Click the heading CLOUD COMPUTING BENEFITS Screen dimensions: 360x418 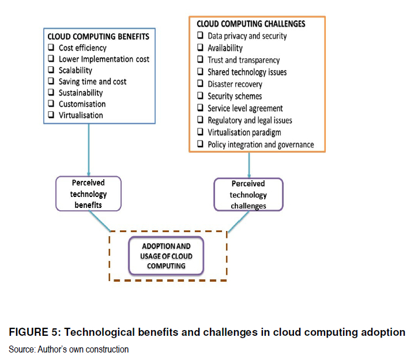pyautogui.click(x=99, y=36)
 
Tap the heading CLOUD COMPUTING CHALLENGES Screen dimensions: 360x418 pyautogui.click(x=251, y=24)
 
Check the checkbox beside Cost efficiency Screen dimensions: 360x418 pyautogui.click(x=51, y=48)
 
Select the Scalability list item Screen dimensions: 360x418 pyautogui.click(x=75, y=70)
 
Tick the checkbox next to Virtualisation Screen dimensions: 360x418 pyautogui.click(x=51, y=115)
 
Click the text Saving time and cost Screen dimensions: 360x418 pyautogui.click(x=92, y=82)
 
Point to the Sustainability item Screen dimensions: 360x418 pyautogui.click(x=81, y=93)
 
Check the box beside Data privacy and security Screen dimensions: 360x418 pyautogui.click(x=200, y=36)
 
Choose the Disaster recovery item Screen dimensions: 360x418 pyautogui.click(x=235, y=84)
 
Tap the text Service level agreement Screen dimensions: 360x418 pyautogui.click(x=245, y=108)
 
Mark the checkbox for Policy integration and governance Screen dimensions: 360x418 pyautogui.click(x=200, y=145)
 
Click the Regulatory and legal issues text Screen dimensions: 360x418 pyautogui.click(x=250, y=120)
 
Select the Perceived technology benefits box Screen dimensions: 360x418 pyautogui.click(x=89, y=194)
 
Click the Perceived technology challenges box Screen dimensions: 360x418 pyautogui.click(x=248, y=195)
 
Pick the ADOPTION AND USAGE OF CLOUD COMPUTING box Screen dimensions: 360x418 pyautogui.click(x=166, y=255)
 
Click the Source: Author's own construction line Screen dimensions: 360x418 pyautogui.click(x=69, y=349)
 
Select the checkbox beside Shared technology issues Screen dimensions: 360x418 pyautogui.click(x=200, y=72)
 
